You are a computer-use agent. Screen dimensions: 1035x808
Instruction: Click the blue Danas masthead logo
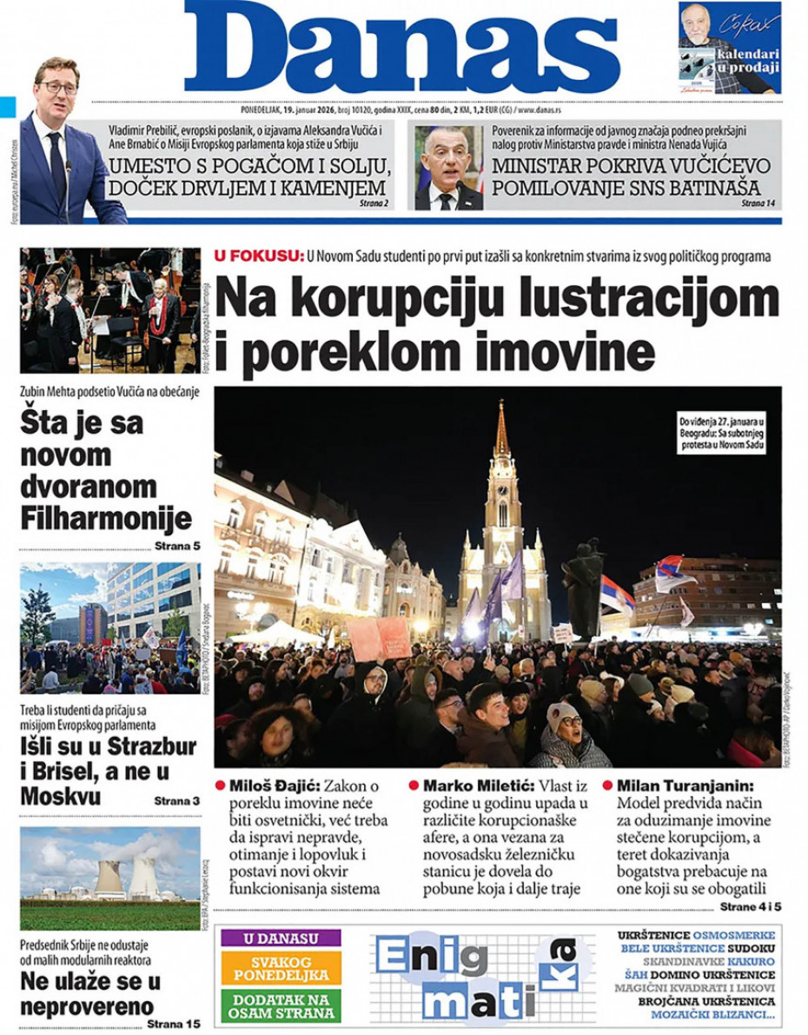click(401, 48)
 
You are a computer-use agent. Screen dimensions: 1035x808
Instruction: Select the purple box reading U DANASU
click(281, 939)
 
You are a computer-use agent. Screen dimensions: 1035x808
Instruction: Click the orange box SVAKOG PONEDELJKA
click(281, 969)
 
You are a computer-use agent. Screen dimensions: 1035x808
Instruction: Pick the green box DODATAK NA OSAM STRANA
click(281, 1006)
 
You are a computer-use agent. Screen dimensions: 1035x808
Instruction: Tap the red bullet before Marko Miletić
click(414, 785)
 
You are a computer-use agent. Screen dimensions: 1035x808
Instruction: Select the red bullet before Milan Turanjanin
click(608, 785)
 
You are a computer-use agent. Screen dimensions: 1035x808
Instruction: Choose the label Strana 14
click(759, 202)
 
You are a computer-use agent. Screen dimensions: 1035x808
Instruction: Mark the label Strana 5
click(177, 546)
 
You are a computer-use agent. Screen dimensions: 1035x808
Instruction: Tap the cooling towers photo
click(110, 878)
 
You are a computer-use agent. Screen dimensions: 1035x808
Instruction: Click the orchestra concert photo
click(110, 310)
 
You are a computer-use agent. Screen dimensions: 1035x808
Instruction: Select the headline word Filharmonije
click(106, 519)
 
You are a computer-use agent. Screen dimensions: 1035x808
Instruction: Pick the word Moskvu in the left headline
click(61, 796)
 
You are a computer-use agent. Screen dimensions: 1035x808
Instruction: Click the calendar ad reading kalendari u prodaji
click(729, 48)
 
